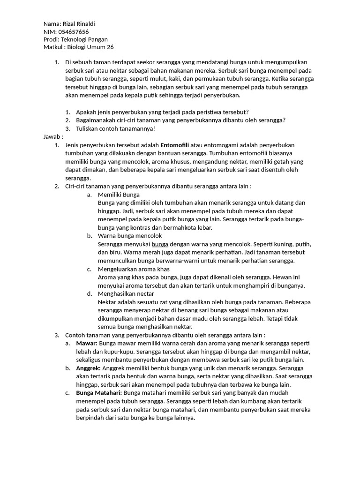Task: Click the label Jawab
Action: point(52,136)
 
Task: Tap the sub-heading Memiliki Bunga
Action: point(119,195)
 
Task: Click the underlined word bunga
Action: point(160,244)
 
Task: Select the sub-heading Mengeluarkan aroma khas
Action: point(134,269)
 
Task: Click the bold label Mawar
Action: point(86,343)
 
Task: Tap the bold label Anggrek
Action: point(88,368)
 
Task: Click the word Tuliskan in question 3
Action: point(89,128)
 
